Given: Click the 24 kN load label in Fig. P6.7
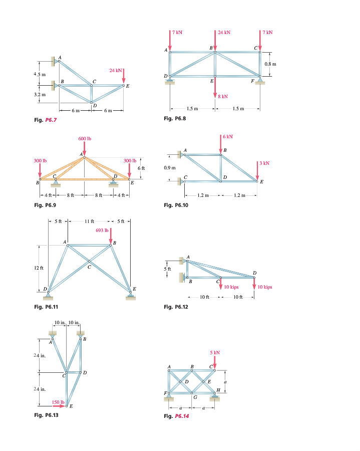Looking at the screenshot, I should (x=115, y=71).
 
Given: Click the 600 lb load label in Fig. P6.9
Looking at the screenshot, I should (x=85, y=138).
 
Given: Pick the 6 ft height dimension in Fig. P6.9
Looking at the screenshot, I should (x=141, y=167).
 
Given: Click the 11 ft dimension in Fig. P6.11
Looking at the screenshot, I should (x=89, y=221).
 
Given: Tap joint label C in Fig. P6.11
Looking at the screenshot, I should (x=90, y=267).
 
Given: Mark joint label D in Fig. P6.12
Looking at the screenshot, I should (x=255, y=272).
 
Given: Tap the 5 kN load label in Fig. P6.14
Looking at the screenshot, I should (x=214, y=353).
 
